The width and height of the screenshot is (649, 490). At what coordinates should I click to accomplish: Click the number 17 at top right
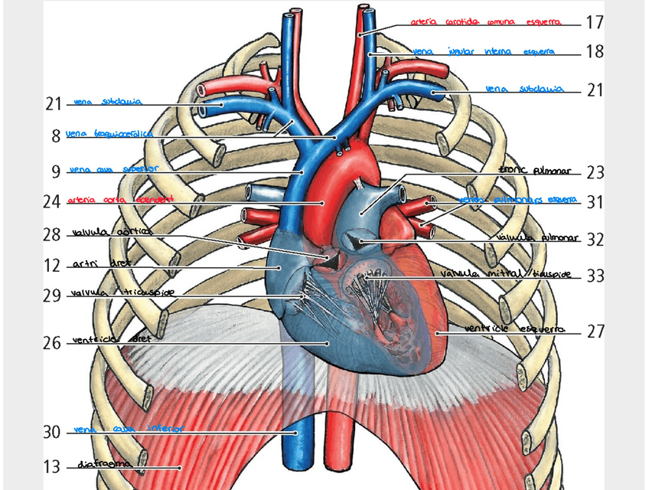pyautogui.click(x=595, y=22)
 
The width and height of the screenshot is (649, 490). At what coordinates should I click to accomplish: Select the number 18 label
pyautogui.click(x=595, y=52)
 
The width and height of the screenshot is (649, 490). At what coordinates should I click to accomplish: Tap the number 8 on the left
pyautogui.click(x=56, y=137)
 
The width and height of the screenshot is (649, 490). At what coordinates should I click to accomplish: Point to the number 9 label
pyautogui.click(x=56, y=171)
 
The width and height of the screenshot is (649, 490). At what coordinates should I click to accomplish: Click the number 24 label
pyautogui.click(x=52, y=203)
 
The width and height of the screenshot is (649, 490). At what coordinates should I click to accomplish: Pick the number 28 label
pyautogui.click(x=52, y=234)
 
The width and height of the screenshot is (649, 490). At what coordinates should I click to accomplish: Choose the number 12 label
pyautogui.click(x=52, y=266)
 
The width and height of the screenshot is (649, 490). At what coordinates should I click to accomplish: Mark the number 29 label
pyautogui.click(x=52, y=296)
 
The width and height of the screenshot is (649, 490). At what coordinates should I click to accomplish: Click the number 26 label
pyautogui.click(x=52, y=343)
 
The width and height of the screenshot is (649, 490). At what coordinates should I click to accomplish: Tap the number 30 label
pyautogui.click(x=52, y=433)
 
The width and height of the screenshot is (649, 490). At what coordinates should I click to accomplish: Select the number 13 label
pyautogui.click(x=52, y=465)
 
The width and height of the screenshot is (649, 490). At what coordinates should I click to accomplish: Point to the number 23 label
pyautogui.click(x=595, y=172)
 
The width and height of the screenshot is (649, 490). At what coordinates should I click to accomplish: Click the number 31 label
pyautogui.click(x=595, y=203)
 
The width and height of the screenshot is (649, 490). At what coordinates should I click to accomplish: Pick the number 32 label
pyautogui.click(x=595, y=240)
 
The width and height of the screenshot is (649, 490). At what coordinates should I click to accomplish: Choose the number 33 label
pyautogui.click(x=595, y=276)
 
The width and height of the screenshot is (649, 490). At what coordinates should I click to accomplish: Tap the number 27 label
pyautogui.click(x=595, y=332)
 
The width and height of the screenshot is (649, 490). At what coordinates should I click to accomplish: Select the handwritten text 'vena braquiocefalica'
pyautogui.click(x=109, y=133)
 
